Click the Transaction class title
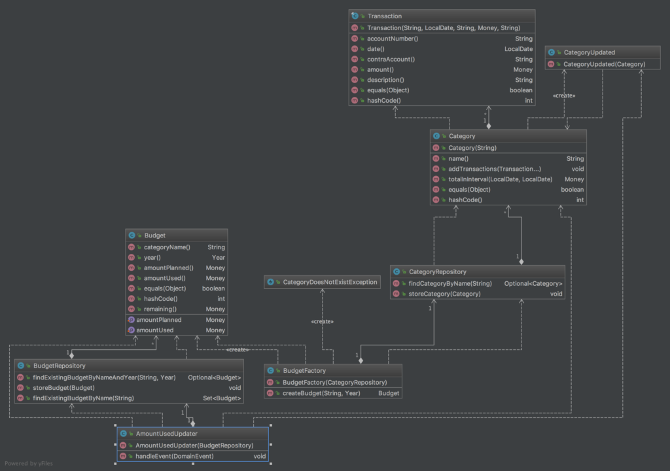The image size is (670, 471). tap(385, 16)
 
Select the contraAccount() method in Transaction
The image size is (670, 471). tap(391, 60)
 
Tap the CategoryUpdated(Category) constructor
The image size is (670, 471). tap(604, 64)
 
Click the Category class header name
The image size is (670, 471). tap(462, 136)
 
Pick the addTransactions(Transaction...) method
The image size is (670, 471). tap(495, 169)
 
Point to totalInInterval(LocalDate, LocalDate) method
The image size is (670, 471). tap(501, 179)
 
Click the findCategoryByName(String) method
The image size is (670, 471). tap(450, 283)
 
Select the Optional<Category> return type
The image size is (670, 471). tap(533, 283)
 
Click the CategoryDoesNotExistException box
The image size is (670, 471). tap(322, 282)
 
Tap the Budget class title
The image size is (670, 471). tap(154, 235)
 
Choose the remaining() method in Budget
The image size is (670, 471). tap(160, 309)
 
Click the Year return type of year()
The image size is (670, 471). tap(219, 257)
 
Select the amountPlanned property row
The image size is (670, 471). tap(177, 320)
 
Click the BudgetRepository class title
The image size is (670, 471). tap(60, 366)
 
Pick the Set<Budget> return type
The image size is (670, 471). tap(222, 398)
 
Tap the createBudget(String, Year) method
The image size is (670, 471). tap(321, 393)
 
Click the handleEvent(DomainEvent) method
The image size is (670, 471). tap(174, 456)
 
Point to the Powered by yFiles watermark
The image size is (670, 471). tap(29, 463)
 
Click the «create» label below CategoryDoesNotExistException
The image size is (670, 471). tap(322, 321)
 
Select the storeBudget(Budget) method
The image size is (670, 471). tap(63, 388)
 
